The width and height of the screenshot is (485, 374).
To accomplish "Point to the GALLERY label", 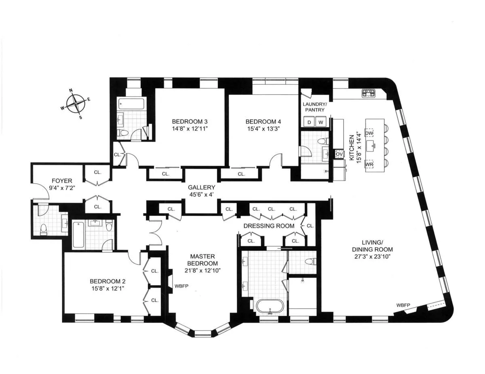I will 201,188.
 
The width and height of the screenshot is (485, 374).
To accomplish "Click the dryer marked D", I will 310,121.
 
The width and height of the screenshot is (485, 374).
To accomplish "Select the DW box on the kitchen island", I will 369,133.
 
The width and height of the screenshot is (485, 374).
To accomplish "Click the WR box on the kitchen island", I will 369,165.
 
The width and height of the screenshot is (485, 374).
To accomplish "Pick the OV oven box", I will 339,154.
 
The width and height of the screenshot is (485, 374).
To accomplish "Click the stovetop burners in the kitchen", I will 369,93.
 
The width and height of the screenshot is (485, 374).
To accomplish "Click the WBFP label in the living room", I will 403,305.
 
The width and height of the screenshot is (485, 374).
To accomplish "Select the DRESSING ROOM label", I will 269,226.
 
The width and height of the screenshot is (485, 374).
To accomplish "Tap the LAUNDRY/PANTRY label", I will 314,107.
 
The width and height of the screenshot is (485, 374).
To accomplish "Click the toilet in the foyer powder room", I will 44,229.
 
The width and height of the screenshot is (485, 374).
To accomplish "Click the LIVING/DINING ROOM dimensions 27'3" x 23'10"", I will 373,256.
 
